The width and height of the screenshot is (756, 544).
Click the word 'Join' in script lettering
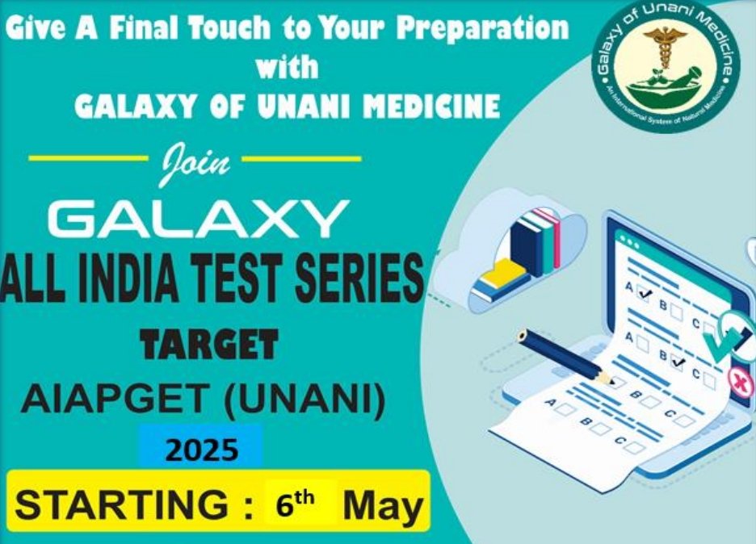click(x=195, y=163)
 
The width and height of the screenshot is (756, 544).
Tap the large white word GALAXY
click(x=198, y=220)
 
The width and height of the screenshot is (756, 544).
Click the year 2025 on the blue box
click(x=202, y=450)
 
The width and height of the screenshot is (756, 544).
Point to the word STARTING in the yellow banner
click(x=121, y=504)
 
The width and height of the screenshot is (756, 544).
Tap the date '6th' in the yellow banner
click(x=295, y=504)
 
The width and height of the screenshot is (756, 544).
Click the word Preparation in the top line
click(x=483, y=28)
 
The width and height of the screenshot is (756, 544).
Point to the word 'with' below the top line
click(x=288, y=65)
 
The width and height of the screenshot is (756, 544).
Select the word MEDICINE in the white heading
click(x=431, y=106)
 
